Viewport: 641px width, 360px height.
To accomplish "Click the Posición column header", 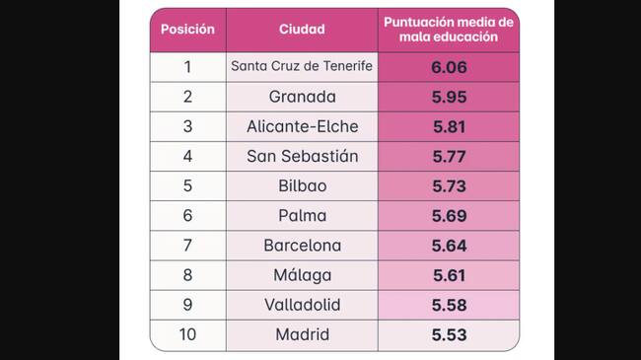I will tap(187, 30).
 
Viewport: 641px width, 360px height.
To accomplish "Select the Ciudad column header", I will tap(302, 30).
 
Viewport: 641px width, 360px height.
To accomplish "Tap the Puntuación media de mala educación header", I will tap(448, 30).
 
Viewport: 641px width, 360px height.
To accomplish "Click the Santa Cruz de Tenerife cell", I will tap(302, 67).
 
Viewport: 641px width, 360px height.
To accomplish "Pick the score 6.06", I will tap(449, 67).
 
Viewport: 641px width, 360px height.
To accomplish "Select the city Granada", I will tap(302, 97).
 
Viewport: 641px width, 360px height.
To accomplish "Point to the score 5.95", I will tap(449, 97).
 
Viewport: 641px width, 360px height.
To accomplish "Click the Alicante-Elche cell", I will tap(302, 126).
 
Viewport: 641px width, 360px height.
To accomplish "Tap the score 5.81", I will tap(449, 126).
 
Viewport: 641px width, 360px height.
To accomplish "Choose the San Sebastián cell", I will tap(302, 156).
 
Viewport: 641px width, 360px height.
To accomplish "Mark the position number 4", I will tap(187, 156).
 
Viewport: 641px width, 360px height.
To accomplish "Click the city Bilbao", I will tap(302, 185).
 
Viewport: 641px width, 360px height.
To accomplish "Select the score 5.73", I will tap(449, 185).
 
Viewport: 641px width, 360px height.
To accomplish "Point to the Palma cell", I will tap(302, 215).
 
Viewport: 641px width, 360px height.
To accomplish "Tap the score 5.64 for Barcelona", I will tap(449, 246).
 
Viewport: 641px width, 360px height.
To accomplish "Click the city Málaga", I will tap(302, 275).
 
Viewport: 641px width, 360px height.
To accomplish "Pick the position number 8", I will tap(187, 275).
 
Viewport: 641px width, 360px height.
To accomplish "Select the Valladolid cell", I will tap(302, 305).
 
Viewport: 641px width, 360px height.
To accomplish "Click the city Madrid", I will tap(302, 334).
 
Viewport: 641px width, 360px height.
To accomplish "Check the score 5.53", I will tap(449, 334).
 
